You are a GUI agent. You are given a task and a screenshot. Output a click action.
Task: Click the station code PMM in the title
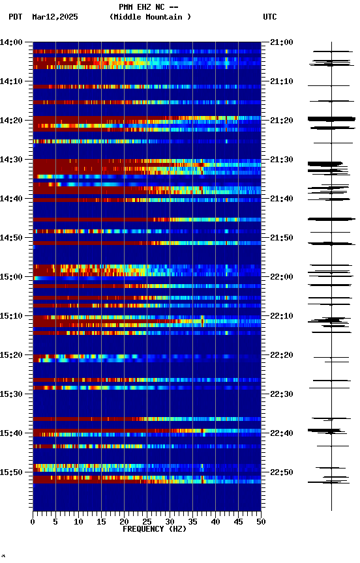127,7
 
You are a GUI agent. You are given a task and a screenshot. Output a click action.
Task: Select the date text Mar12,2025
55,17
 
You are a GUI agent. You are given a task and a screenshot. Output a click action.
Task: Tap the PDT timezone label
16,17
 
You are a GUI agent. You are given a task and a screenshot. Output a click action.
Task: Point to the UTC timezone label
270,17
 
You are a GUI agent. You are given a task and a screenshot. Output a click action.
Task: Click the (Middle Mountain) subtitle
151,17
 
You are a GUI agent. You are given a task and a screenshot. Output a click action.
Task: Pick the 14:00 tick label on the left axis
11,42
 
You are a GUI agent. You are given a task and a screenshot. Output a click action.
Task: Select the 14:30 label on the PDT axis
11,160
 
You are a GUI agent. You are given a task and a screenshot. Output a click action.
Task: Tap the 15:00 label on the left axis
11,277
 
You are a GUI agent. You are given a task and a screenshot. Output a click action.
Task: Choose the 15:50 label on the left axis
11,472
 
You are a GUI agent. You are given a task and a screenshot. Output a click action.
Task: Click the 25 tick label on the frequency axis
147,521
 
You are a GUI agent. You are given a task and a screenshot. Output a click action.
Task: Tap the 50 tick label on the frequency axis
261,521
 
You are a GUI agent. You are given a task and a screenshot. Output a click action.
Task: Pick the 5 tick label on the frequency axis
55,521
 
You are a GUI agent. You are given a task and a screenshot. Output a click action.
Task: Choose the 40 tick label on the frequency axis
215,521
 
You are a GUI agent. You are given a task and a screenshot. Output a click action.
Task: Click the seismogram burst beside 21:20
331,119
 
